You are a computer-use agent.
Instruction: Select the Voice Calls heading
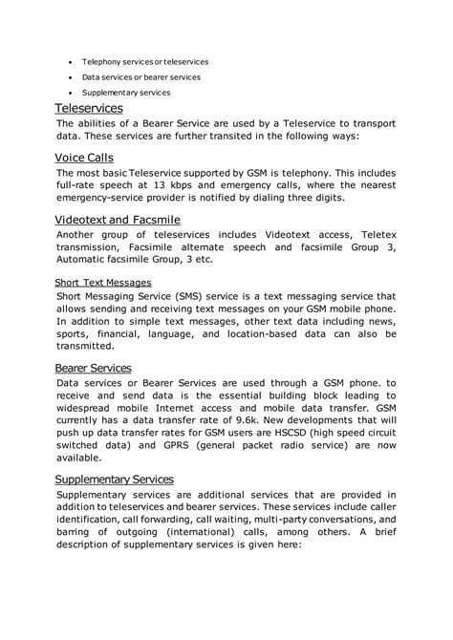[85, 156]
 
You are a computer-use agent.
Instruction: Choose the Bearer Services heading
[94, 367]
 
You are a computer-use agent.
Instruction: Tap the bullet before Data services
[69, 76]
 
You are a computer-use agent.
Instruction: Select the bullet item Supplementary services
[126, 93]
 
